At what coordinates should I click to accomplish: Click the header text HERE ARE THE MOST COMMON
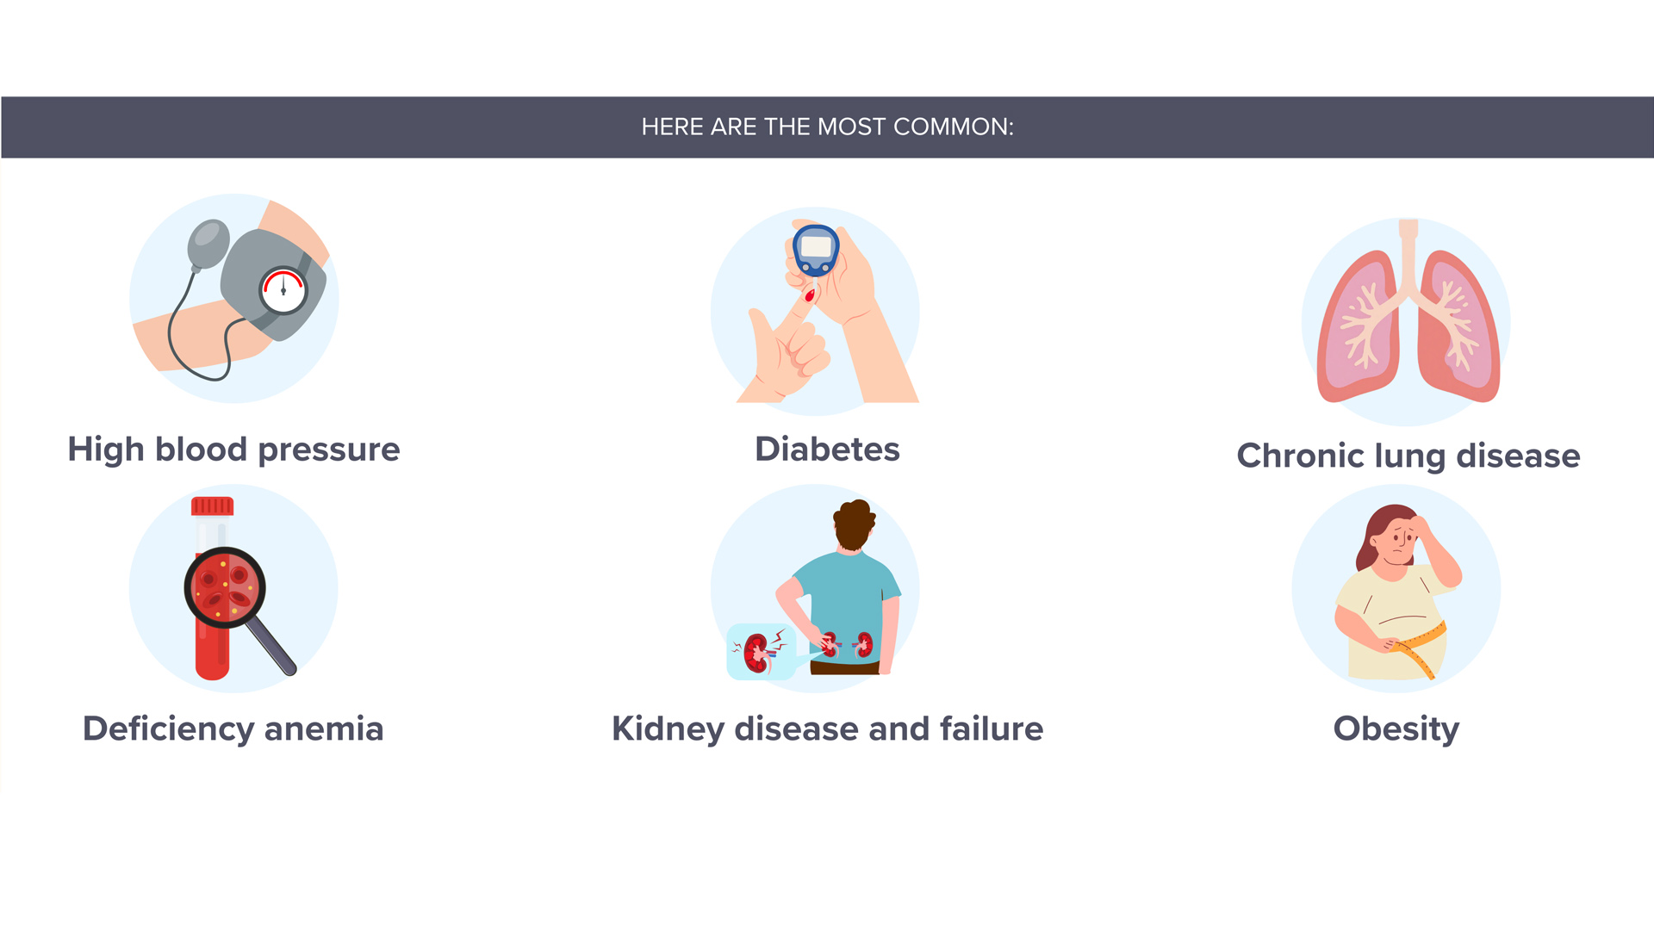click(x=827, y=127)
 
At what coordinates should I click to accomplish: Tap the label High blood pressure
click(x=233, y=449)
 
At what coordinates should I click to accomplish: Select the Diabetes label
click(x=827, y=449)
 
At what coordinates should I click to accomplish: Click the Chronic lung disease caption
click(x=1408, y=456)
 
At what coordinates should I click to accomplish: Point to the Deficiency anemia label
click(x=233, y=728)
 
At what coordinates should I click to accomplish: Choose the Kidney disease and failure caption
click(x=827, y=728)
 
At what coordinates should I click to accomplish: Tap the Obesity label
click(x=1396, y=728)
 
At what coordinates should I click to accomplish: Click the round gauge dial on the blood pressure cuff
click(x=283, y=291)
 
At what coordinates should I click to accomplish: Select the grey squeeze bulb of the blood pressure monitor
click(x=208, y=244)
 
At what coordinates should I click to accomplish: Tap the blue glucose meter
click(x=816, y=250)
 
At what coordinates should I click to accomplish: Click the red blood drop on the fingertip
click(x=810, y=296)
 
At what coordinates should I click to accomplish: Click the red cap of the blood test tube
click(x=212, y=506)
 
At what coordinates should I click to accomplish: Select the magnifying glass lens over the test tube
click(x=225, y=588)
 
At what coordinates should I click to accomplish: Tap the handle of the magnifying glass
click(x=273, y=647)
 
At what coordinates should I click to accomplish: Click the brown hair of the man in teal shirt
click(x=854, y=522)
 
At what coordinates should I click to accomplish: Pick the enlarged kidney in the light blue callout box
click(x=757, y=653)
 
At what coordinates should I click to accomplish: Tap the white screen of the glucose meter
click(x=816, y=247)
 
